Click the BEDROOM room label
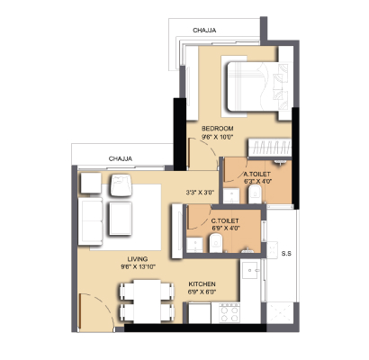tap(218, 129)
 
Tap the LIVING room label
tap(138, 259)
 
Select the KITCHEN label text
tap(202, 283)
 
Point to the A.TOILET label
tap(256, 174)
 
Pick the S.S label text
tap(286, 254)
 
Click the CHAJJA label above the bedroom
tap(204, 31)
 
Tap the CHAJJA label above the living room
tap(121, 158)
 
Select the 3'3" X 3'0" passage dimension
tap(200, 193)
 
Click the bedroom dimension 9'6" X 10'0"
tap(218, 137)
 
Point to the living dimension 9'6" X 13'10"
tap(138, 266)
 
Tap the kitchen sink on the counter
tap(250, 270)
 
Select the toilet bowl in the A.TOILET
tap(255, 194)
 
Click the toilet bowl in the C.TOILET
tap(215, 243)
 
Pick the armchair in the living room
tap(121, 185)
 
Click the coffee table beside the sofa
tap(121, 219)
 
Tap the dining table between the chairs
tap(147, 301)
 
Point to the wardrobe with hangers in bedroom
tap(270, 148)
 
